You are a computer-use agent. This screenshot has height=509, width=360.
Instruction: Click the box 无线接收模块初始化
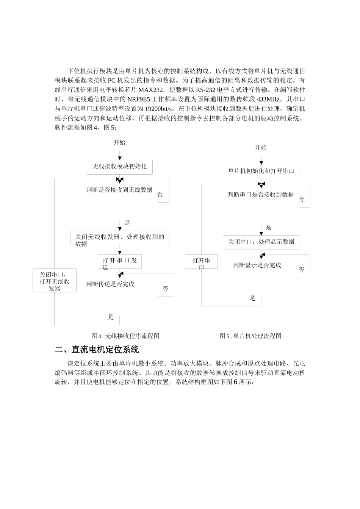point(119,167)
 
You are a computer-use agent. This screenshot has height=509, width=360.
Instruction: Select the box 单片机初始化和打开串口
point(261,171)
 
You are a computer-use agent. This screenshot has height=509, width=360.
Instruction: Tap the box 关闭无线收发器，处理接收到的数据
point(119,238)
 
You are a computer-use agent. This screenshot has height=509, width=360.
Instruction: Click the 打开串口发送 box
point(119,261)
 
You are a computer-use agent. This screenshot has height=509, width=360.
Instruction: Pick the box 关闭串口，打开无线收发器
point(55,281)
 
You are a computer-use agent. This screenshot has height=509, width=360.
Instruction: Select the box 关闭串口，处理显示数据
point(261,242)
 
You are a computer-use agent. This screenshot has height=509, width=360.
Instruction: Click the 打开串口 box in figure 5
point(201,261)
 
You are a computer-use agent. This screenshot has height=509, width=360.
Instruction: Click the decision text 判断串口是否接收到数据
point(261,195)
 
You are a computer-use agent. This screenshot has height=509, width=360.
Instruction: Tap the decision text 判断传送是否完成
point(110,284)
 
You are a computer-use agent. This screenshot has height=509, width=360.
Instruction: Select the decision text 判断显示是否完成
point(257,265)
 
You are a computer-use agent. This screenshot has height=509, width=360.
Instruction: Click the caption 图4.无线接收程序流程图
point(125,336)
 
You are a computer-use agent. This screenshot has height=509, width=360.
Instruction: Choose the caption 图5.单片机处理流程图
point(250,336)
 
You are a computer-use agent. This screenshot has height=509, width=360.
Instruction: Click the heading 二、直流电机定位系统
point(97,349)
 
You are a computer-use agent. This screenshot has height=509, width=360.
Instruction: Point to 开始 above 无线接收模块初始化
point(119,143)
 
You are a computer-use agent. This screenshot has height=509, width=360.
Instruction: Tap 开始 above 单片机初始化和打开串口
point(261,148)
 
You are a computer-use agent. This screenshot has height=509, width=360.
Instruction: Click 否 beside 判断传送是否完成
point(165,289)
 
